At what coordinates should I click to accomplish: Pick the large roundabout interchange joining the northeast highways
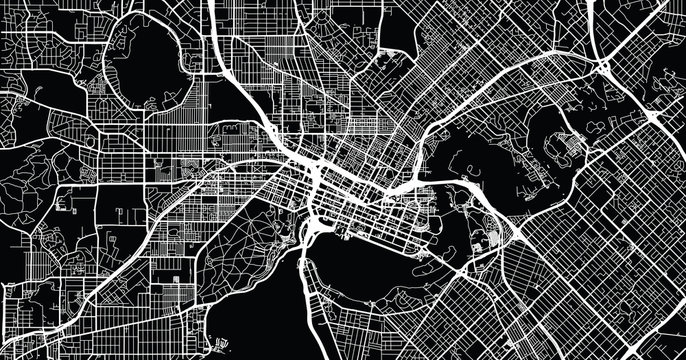[606, 68]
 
